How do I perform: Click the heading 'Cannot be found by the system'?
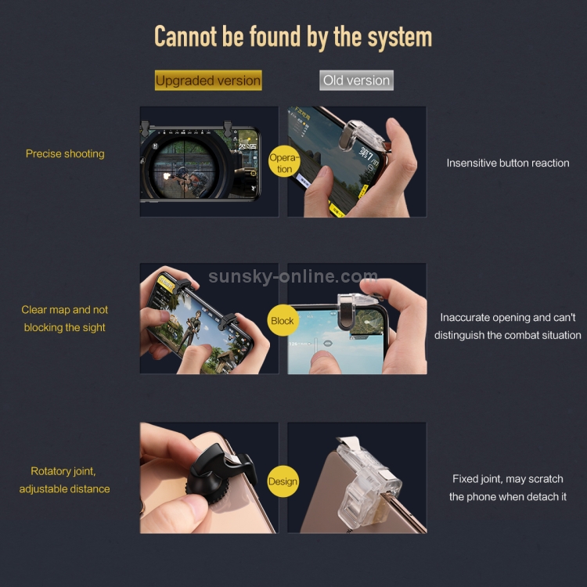coord(293,38)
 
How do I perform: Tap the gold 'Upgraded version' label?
coord(208,80)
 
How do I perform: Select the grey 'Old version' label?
coord(356,80)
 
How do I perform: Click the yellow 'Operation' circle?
coord(285,161)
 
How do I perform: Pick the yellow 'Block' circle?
coord(283,320)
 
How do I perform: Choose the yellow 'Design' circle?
coord(283,481)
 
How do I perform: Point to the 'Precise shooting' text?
coord(65,154)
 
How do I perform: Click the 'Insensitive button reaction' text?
coord(508,163)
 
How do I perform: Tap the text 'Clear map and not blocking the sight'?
coord(64,319)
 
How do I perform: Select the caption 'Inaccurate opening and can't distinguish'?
coord(508,326)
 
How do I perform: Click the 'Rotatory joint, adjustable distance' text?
coord(64,480)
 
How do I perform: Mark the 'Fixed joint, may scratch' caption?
coord(508,479)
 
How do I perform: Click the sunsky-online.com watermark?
coord(293,276)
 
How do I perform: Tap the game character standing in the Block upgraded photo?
coord(192,330)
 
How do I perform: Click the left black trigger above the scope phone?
coord(145,128)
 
